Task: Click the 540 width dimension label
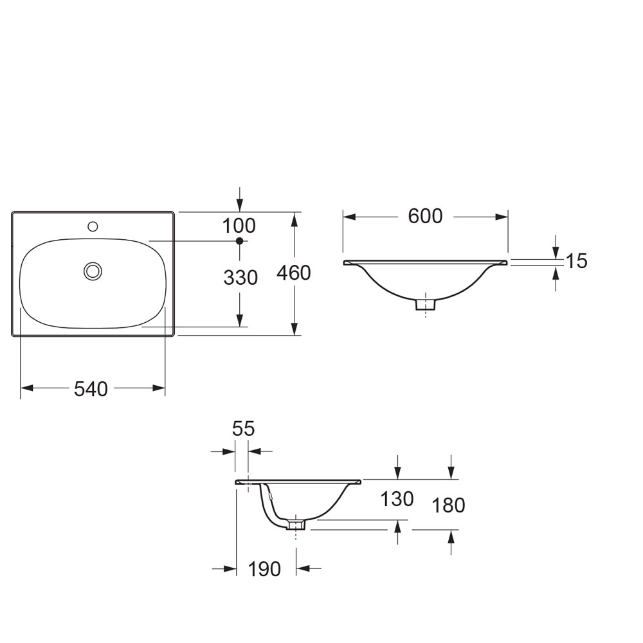pyautogui.click(x=91, y=389)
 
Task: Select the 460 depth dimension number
pyautogui.click(x=294, y=273)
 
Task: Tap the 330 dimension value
pyautogui.click(x=240, y=278)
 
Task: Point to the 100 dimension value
pyautogui.click(x=239, y=226)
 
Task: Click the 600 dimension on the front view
pyautogui.click(x=425, y=216)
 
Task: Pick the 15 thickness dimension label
pyautogui.click(x=577, y=261)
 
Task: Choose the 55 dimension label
pyautogui.click(x=243, y=429)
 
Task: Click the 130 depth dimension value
pyautogui.click(x=397, y=499)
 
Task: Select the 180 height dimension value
pyautogui.click(x=449, y=505)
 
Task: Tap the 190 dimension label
pyautogui.click(x=264, y=569)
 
